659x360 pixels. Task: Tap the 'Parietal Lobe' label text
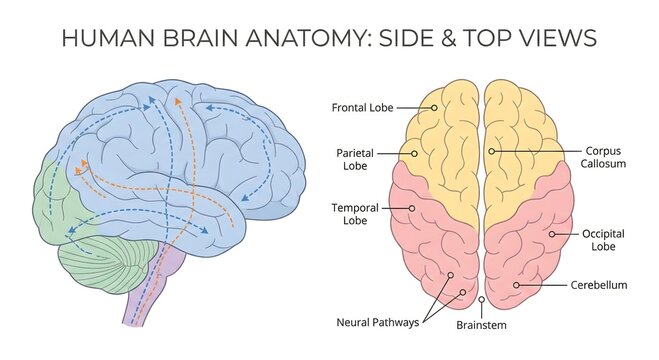(354, 159)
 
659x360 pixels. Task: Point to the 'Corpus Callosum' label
(605, 156)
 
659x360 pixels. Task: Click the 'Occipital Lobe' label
(603, 239)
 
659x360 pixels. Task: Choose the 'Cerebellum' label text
(599, 285)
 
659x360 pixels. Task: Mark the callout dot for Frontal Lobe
(435, 106)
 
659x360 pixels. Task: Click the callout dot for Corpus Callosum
(491, 151)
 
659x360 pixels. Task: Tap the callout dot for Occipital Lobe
(551, 234)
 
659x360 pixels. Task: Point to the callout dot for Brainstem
(482, 299)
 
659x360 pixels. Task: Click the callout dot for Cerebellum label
(517, 285)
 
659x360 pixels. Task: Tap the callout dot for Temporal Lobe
(412, 208)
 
